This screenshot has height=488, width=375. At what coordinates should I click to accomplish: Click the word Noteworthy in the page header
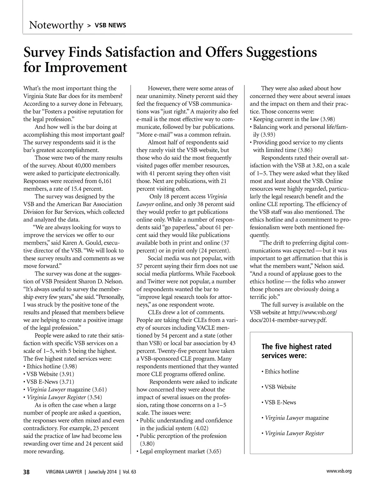point(56,25)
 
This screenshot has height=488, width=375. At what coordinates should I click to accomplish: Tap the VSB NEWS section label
point(111,25)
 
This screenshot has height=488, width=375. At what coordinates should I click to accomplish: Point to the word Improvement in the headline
point(86,67)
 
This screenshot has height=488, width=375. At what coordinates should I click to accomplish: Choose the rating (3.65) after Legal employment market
point(214,451)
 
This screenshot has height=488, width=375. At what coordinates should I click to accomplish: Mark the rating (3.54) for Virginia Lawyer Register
point(95,397)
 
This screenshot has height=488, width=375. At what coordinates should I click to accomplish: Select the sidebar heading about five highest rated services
point(296,351)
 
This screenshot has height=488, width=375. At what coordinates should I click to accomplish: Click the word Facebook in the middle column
point(224,274)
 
